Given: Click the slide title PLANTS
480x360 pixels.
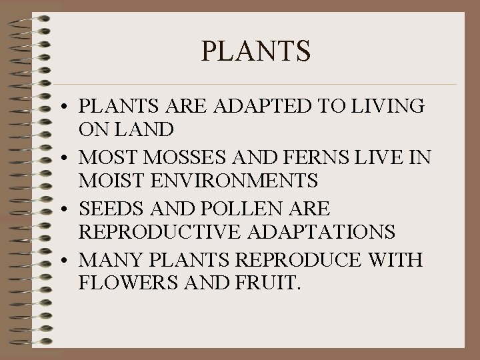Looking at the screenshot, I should pyautogui.click(x=255, y=51).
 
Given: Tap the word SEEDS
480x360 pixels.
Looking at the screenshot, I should pyautogui.click(x=107, y=209).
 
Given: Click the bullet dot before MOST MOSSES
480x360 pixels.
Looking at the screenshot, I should pyautogui.click(x=69, y=159).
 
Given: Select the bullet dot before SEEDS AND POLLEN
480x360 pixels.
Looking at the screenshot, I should pyautogui.click(x=69, y=210).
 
